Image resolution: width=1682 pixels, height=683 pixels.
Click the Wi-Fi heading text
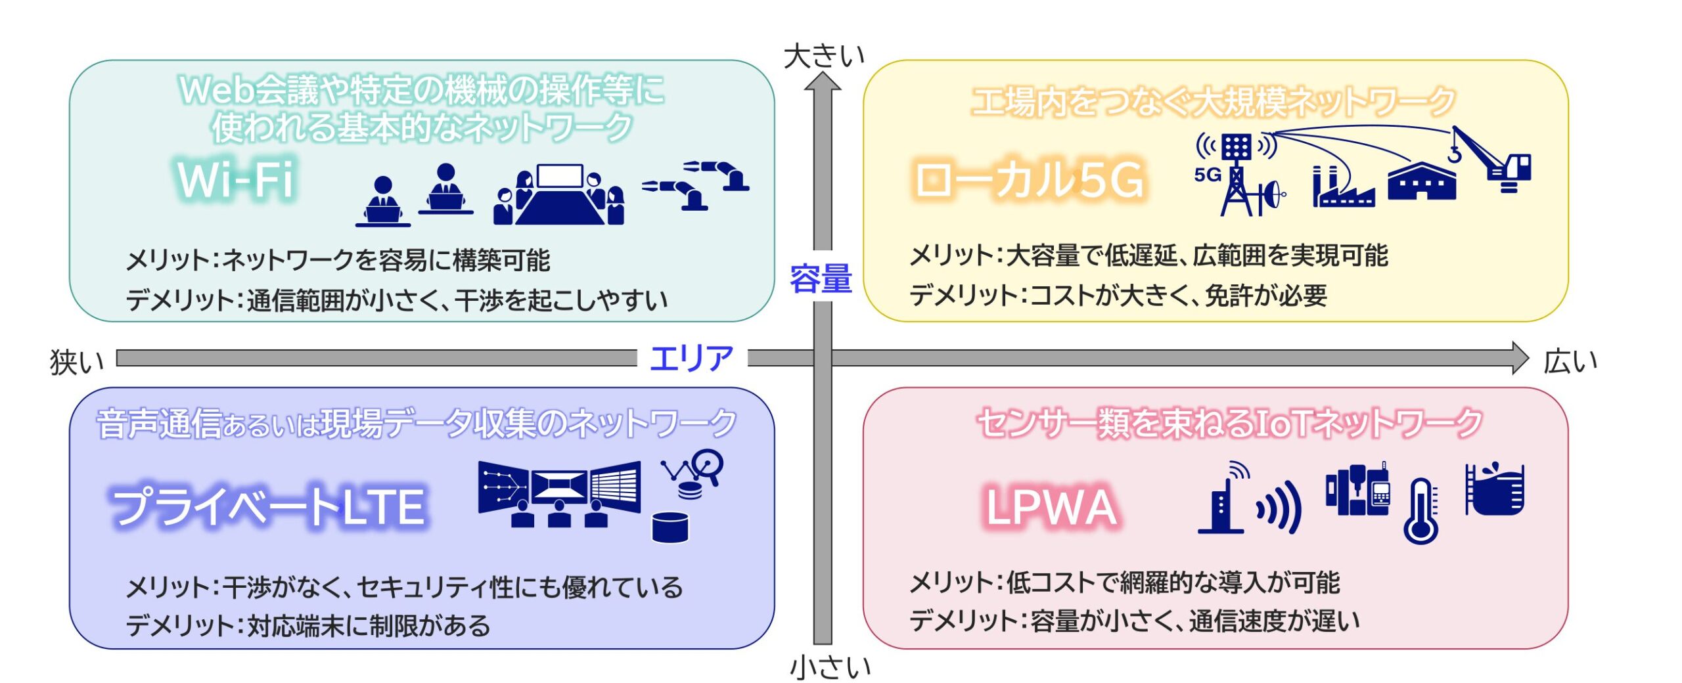tap(235, 179)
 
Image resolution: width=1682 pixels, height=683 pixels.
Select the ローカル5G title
tap(1029, 179)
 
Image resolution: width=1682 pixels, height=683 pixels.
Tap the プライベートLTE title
tap(268, 506)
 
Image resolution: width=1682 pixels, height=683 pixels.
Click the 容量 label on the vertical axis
tap(821, 278)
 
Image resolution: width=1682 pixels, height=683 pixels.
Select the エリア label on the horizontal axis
tap(691, 358)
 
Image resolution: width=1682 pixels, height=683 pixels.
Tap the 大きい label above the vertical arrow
tap(824, 56)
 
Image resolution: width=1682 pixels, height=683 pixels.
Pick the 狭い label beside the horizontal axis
tap(77, 362)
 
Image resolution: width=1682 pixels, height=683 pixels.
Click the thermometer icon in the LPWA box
tap(1421, 510)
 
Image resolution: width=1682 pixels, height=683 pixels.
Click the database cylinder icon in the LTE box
tap(670, 527)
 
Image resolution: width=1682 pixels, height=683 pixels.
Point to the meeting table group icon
tap(559, 194)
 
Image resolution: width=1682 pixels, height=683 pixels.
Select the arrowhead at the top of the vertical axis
tap(823, 81)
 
